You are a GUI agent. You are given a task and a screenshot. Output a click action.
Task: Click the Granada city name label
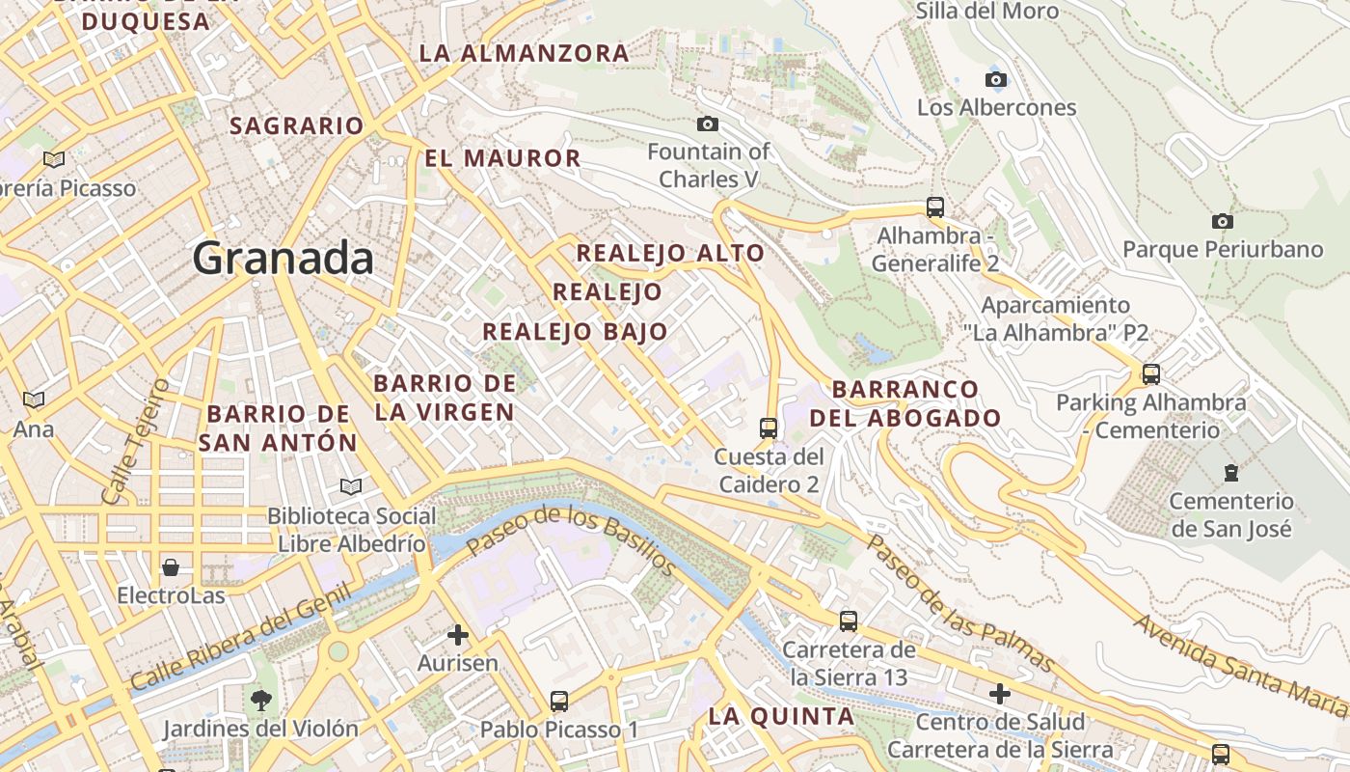point(283,259)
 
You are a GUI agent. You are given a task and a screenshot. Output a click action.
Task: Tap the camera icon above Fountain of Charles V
point(708,124)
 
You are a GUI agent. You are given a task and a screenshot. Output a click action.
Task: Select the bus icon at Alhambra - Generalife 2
point(934,207)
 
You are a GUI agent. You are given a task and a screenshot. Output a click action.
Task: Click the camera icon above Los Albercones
point(996,79)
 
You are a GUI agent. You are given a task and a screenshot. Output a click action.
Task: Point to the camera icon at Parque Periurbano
point(1223,221)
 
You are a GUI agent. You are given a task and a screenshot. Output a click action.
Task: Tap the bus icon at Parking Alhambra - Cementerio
point(1150,373)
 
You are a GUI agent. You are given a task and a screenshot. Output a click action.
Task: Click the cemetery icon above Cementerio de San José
point(1230,473)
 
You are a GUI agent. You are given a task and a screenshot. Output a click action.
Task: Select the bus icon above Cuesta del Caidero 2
point(769,427)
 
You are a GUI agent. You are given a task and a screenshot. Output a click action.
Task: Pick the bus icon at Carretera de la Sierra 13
point(849,621)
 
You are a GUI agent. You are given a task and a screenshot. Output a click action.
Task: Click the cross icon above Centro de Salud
point(1000,693)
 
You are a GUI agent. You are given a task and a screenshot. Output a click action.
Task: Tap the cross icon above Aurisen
point(458,635)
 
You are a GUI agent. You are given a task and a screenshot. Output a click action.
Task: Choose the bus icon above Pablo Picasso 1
point(559,701)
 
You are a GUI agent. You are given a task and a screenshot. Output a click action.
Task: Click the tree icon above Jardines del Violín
point(259,700)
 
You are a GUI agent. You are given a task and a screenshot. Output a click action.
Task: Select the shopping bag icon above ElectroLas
point(171,566)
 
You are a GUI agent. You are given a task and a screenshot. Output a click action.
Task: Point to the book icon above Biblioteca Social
point(351,487)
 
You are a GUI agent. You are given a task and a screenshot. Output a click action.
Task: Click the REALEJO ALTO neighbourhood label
point(670,254)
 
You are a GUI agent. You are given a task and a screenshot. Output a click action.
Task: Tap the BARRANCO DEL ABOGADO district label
point(904,403)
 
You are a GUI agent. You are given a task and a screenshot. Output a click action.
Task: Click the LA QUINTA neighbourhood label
point(781,717)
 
